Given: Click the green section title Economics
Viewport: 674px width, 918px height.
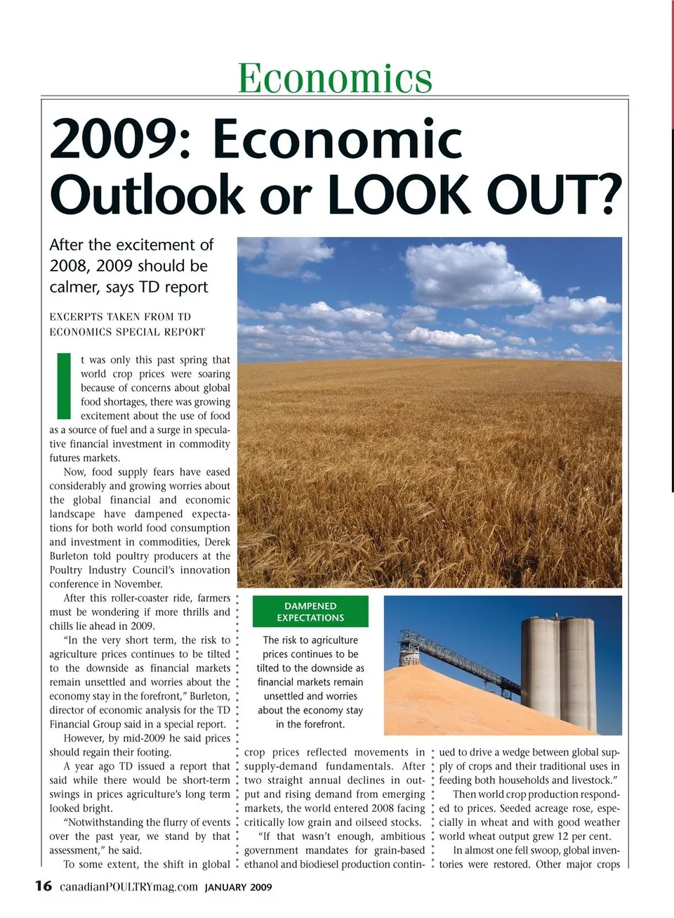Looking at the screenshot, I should coord(335,77).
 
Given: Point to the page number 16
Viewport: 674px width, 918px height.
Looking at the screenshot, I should coord(44,886).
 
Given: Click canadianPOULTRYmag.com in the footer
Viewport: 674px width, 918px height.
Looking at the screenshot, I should coord(128,886).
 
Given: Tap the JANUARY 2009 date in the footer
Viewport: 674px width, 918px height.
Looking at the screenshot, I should coord(238,887).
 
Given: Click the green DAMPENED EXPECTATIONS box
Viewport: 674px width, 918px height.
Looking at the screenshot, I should coord(310,612).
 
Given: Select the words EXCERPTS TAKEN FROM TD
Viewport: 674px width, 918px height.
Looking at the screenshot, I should coord(120,317).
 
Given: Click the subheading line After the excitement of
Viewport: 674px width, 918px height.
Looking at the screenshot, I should coord(131,245).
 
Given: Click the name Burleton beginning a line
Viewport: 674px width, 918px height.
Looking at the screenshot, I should coord(70,556).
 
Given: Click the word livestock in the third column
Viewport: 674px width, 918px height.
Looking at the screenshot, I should coord(587,780).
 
